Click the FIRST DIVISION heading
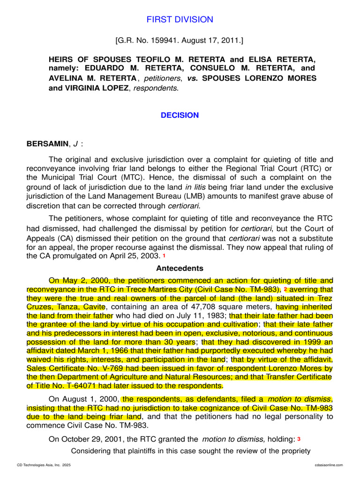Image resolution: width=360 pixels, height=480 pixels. (180, 20)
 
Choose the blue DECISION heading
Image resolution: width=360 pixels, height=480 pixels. (180, 115)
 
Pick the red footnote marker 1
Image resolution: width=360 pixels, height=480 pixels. (164, 256)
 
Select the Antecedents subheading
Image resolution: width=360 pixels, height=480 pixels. (180, 269)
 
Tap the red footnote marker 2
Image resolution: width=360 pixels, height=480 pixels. (285, 290)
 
